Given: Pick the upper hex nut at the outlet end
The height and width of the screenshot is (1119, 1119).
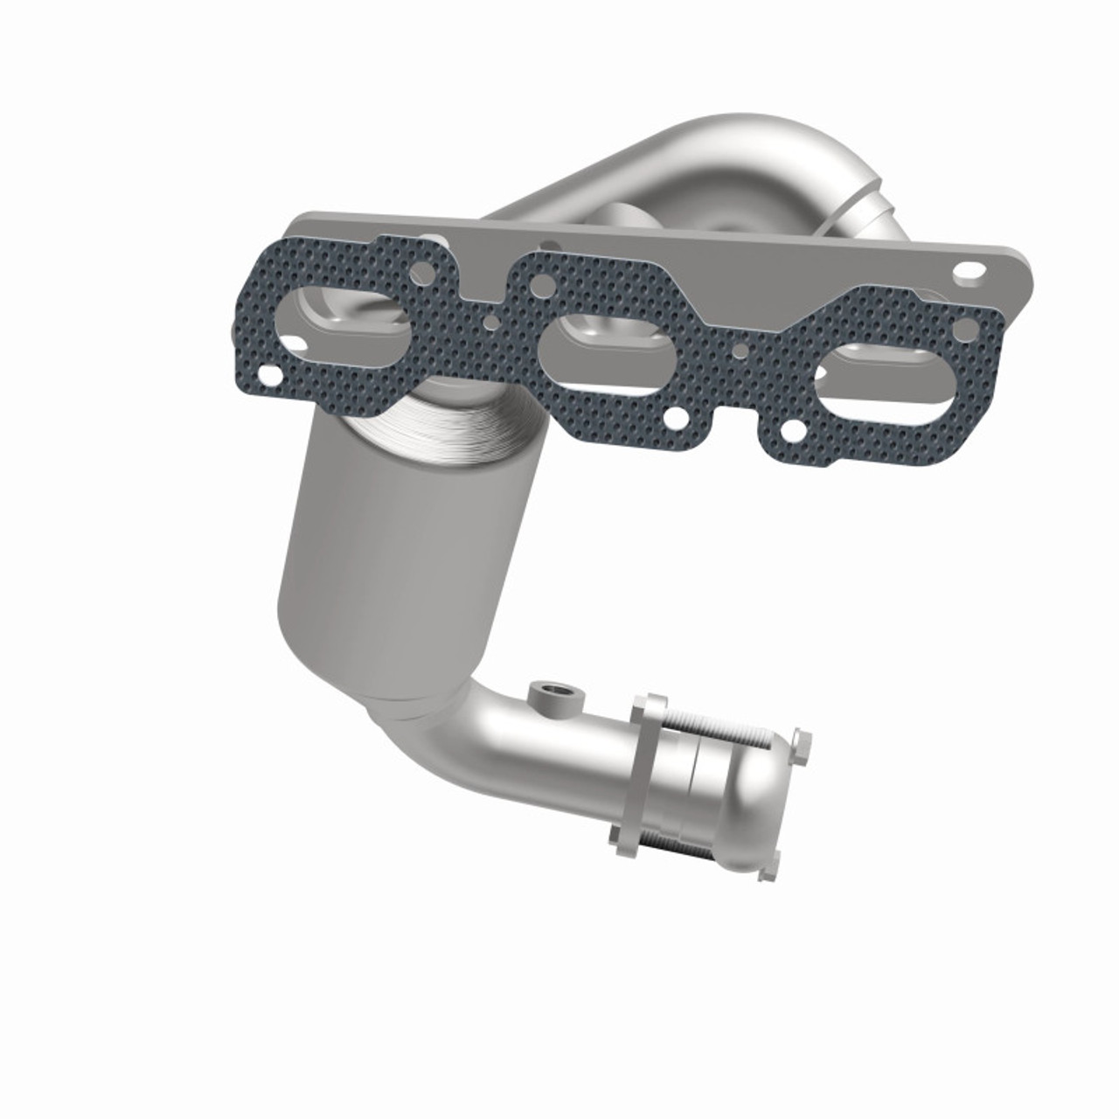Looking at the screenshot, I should [x=801, y=744].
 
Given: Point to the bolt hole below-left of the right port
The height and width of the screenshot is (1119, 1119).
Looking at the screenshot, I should [x=792, y=430].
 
